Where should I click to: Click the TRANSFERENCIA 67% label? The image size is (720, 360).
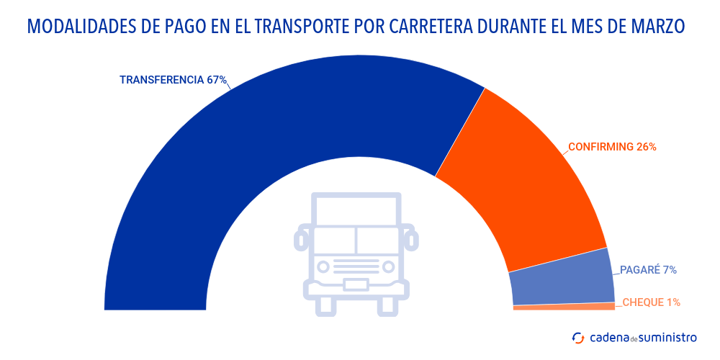pyautogui.click(x=173, y=80)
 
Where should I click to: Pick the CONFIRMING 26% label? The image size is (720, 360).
pyautogui.click(x=612, y=147)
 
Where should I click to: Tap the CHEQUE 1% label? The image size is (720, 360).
pyautogui.click(x=651, y=302)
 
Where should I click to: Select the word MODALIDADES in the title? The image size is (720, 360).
pyautogui.click(x=80, y=27)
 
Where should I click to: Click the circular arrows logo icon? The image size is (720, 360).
pyautogui.click(x=578, y=337)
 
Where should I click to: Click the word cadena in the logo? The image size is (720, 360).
pyautogui.click(x=608, y=337)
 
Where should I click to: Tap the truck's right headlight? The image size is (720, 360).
pyautogui.click(x=389, y=267)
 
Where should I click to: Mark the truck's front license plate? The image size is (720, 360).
pyautogui.click(x=356, y=284)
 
